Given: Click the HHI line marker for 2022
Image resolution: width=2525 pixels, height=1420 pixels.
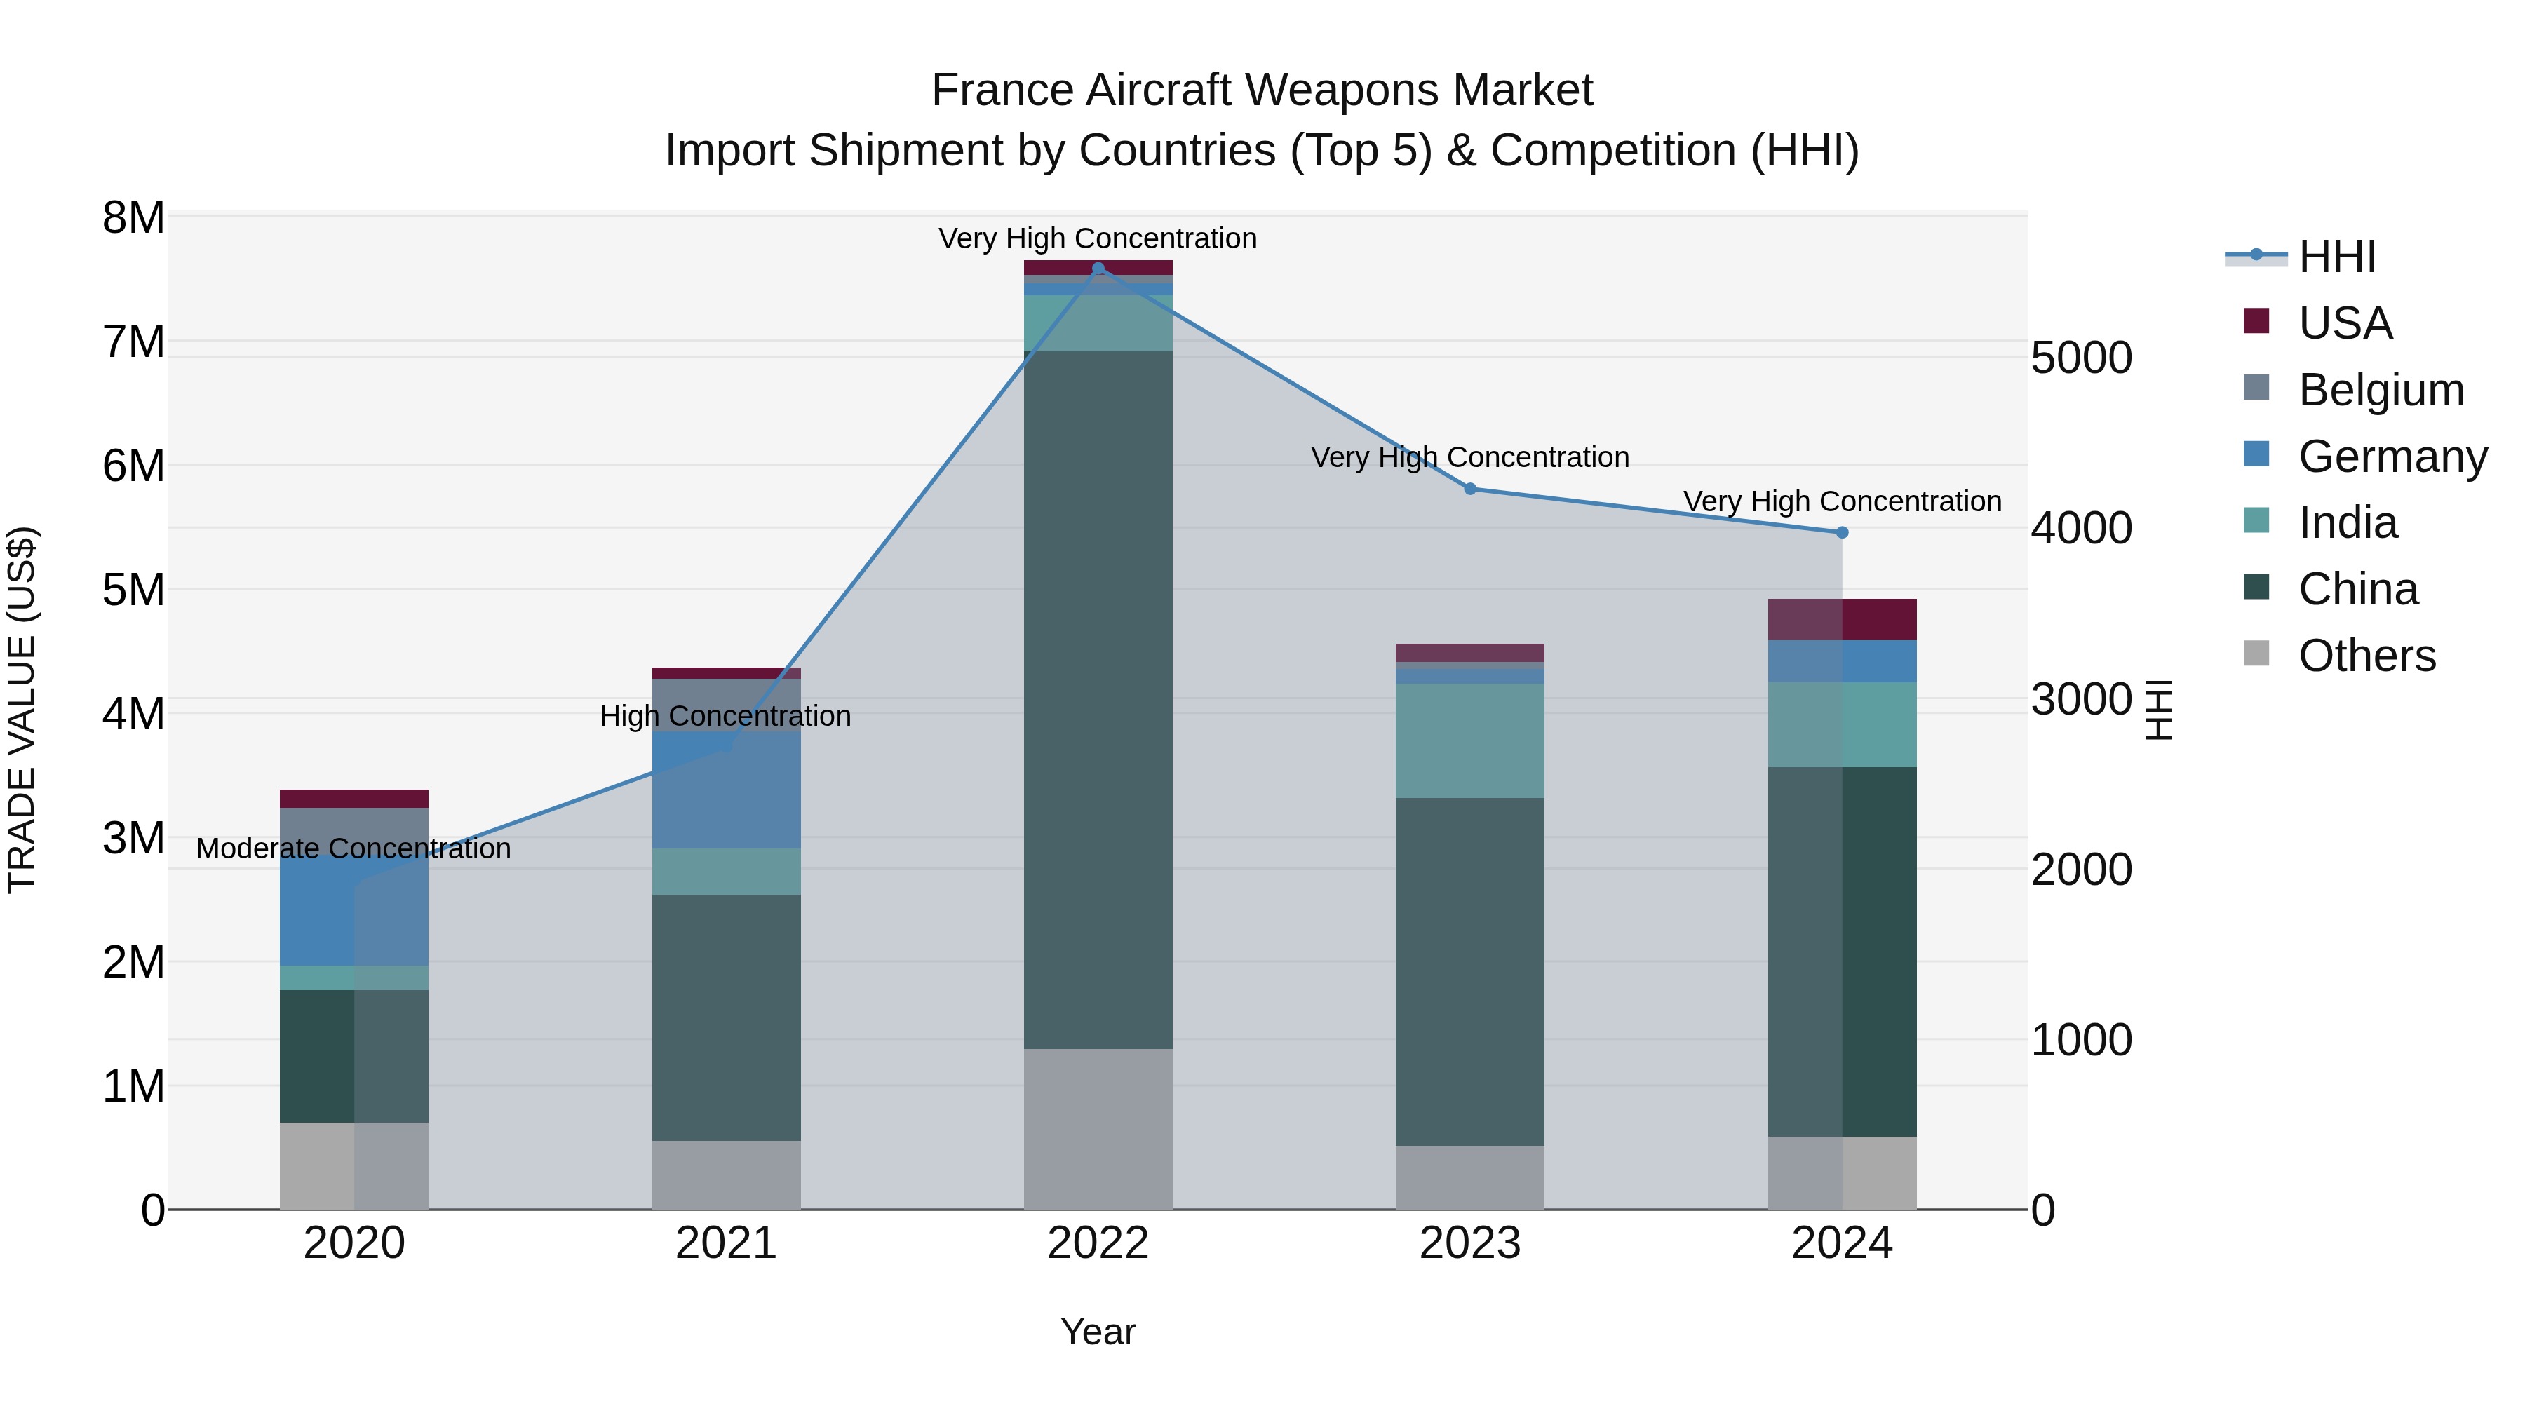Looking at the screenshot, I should (1098, 269).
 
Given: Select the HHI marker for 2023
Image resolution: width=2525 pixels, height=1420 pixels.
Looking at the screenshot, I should (1469, 489).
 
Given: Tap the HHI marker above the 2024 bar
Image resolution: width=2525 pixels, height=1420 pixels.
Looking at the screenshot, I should (1842, 532).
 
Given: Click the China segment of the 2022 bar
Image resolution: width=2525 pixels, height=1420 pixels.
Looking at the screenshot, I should (1098, 700).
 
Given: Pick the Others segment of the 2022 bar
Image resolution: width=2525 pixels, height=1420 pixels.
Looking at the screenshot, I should (1098, 1129).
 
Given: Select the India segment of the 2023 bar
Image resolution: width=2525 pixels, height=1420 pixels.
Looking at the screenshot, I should (1469, 741).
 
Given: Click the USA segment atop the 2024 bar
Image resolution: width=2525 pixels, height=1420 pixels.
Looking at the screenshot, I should (1842, 619).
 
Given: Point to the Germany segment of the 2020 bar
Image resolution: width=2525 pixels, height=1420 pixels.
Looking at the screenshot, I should (354, 910).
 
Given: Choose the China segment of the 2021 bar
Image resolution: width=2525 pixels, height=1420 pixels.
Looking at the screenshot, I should (727, 1017).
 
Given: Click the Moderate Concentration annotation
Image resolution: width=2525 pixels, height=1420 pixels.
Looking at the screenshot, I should (354, 848).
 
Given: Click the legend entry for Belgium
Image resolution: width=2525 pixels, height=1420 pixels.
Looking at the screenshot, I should (2380, 389).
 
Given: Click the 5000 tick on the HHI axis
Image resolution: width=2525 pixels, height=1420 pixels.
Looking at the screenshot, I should (2080, 358).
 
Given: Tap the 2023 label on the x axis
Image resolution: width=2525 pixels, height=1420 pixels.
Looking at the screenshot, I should (1469, 1243).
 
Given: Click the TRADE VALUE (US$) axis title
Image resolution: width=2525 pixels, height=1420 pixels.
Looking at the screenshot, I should (22, 710).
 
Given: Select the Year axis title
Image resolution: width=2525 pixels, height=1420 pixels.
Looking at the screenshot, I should (1098, 1332).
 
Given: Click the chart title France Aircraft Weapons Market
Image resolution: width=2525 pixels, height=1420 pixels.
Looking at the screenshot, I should (1262, 90).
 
